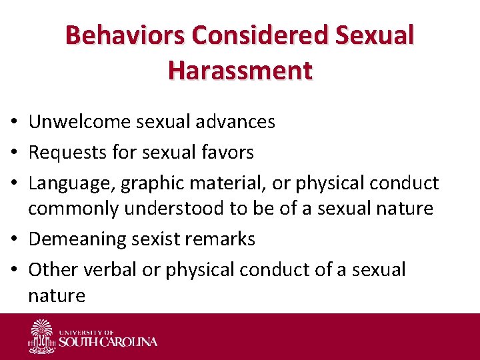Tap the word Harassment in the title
pyautogui.click(x=240, y=69)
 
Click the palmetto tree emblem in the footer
pyautogui.click(x=43, y=335)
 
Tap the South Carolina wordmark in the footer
pyautogui.click(x=108, y=341)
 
